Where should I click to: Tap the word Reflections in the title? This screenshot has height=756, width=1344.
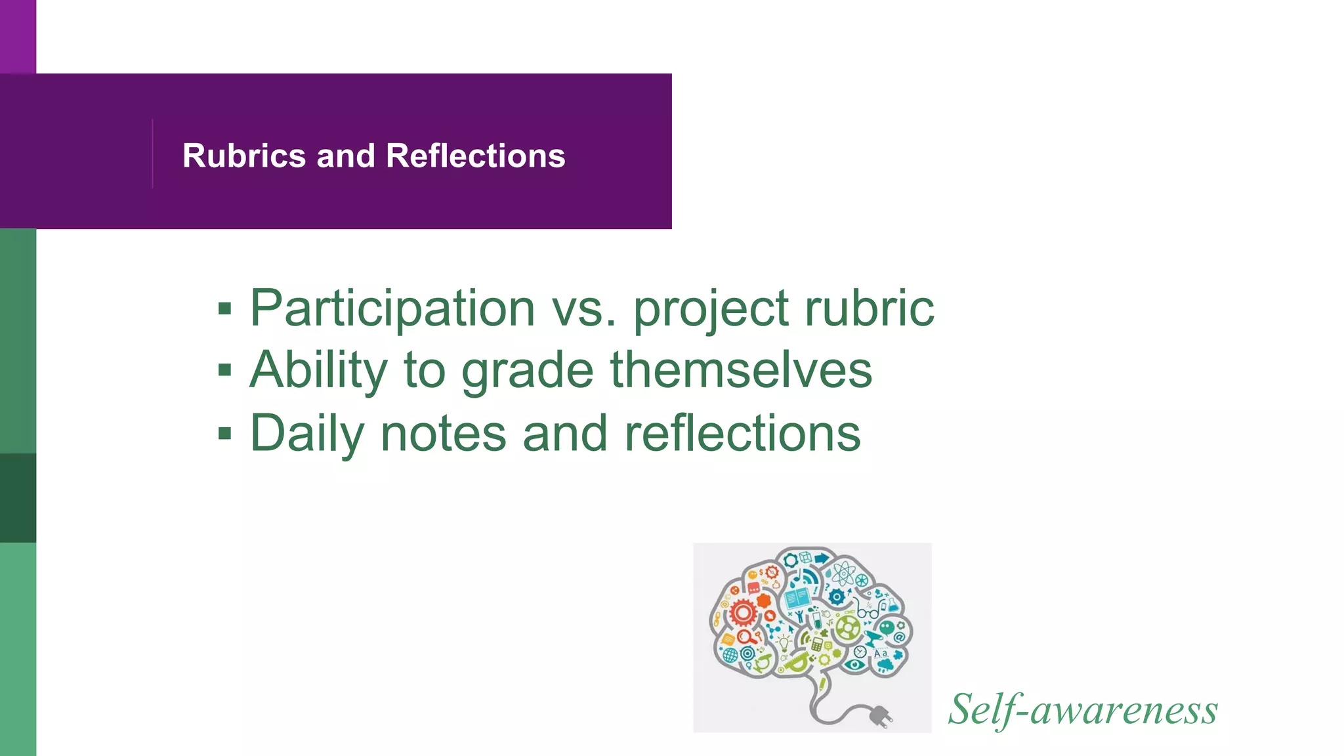pyautogui.click(x=476, y=156)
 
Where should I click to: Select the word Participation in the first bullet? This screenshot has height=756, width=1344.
pyautogui.click(x=392, y=308)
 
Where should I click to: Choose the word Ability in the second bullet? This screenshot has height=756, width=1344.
pyautogui.click(x=319, y=370)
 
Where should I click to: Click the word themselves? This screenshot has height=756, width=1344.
pyautogui.click(x=742, y=370)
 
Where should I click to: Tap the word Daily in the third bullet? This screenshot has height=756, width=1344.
pyautogui.click(x=306, y=434)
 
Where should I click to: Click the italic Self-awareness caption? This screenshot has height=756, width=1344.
pyautogui.click(x=1083, y=710)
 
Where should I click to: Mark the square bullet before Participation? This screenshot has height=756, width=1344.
pyautogui.click(x=225, y=308)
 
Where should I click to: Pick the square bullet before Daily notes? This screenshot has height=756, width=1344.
pyautogui.click(x=225, y=433)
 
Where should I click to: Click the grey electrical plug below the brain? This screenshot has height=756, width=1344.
pyautogui.click(x=879, y=716)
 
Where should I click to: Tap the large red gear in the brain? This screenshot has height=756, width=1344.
pyautogui.click(x=743, y=613)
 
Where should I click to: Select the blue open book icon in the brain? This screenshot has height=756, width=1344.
pyautogui.click(x=797, y=598)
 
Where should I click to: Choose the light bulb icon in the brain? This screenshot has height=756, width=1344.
pyautogui.click(x=784, y=641)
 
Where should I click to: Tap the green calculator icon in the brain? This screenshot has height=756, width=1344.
pyautogui.click(x=817, y=644)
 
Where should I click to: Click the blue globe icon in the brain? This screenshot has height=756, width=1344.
pyautogui.click(x=730, y=654)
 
